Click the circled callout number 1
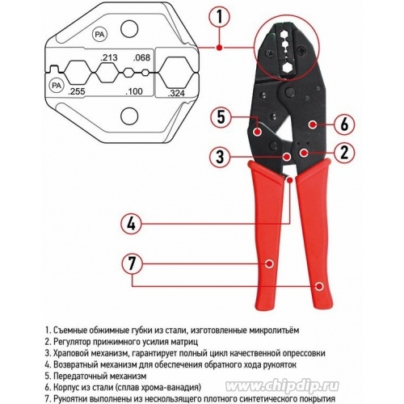click(220, 17)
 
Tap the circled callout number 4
click(131, 224)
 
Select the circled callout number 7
click(132, 263)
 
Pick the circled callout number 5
click(221, 117)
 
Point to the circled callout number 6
click(344, 124)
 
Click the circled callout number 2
click(344, 152)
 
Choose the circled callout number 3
click(220, 156)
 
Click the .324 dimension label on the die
click(176, 93)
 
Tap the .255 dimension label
click(77, 91)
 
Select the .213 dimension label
click(109, 57)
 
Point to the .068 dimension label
click(141, 57)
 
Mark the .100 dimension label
click(134, 91)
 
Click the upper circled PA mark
click(100, 34)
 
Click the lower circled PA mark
click(57, 86)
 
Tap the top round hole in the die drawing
click(129, 29)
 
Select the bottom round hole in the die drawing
click(129, 116)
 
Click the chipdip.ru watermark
click(282, 387)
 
